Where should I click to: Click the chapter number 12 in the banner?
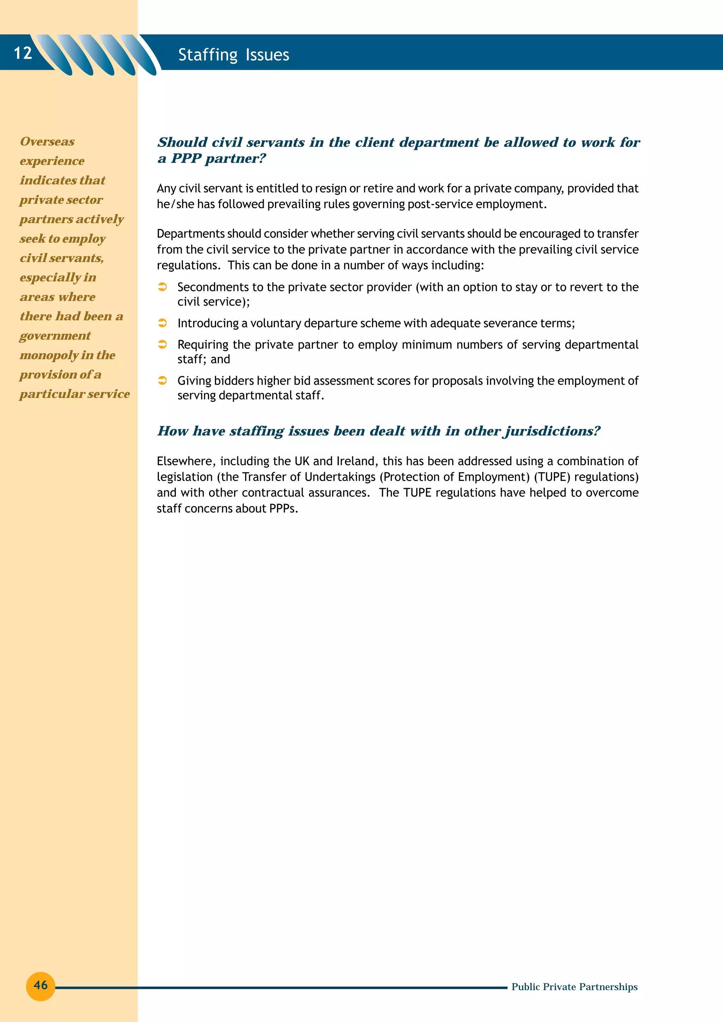coord(23,53)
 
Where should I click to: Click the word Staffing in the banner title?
coord(208,55)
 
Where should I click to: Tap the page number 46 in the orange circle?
coord(41,985)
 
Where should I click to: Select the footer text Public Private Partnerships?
coord(574,986)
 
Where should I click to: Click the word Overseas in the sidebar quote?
coord(47,141)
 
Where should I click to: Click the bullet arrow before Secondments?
coord(163,287)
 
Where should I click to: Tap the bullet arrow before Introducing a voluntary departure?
coord(163,323)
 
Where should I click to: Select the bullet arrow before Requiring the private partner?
coord(163,345)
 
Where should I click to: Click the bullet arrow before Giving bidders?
coord(163,381)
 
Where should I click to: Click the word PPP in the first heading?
coord(186,158)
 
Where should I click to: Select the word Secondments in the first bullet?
coord(213,287)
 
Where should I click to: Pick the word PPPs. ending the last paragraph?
coord(283,508)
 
